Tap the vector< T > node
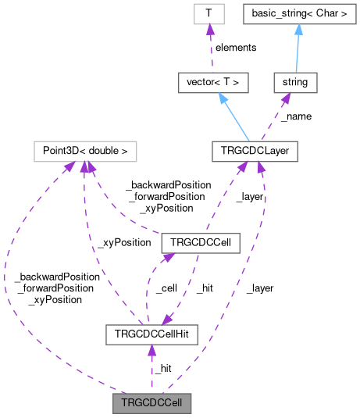210,80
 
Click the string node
295,80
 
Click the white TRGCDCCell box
198,242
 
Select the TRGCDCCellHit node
151,334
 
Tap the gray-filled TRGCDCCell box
151,404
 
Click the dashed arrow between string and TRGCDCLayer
275,116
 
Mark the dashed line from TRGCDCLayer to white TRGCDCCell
226,195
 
